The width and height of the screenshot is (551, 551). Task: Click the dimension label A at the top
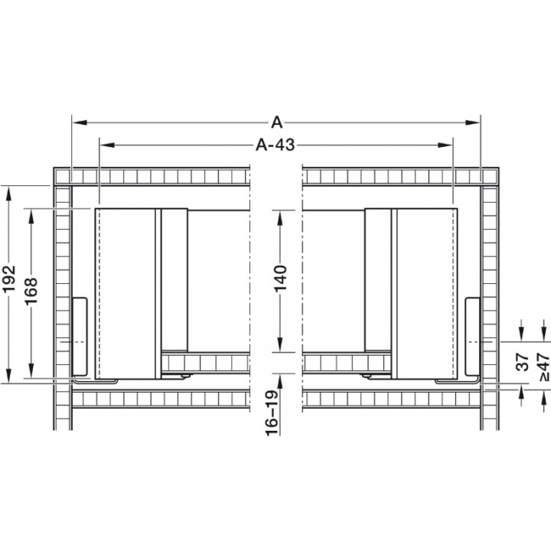[277, 122]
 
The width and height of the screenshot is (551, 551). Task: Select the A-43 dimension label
[275, 145]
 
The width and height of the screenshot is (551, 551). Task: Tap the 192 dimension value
[9, 279]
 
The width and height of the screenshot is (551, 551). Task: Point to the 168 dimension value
[31, 292]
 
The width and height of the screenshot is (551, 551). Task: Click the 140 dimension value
[280, 279]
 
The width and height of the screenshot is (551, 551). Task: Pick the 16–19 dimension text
[272, 413]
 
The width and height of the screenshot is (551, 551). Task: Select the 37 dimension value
[523, 362]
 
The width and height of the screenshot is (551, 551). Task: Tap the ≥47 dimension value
[543, 367]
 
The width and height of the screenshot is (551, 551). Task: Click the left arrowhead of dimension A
[80, 122]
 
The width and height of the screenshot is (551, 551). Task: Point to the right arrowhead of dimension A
[472, 122]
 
